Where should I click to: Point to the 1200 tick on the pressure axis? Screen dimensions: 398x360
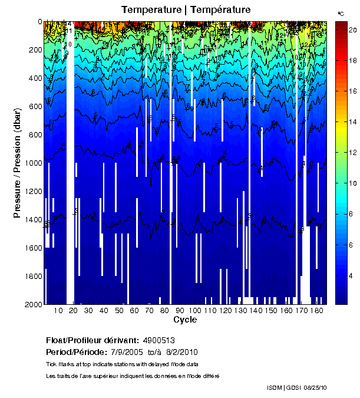point(33,192)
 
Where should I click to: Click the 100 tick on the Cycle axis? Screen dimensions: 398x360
point(195,310)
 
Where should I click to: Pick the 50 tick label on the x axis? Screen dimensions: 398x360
point(119,310)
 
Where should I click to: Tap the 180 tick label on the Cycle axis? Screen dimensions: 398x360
point(316,310)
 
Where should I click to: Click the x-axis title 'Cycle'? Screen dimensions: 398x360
point(185,320)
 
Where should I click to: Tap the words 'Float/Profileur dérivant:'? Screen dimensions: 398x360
point(92,340)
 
